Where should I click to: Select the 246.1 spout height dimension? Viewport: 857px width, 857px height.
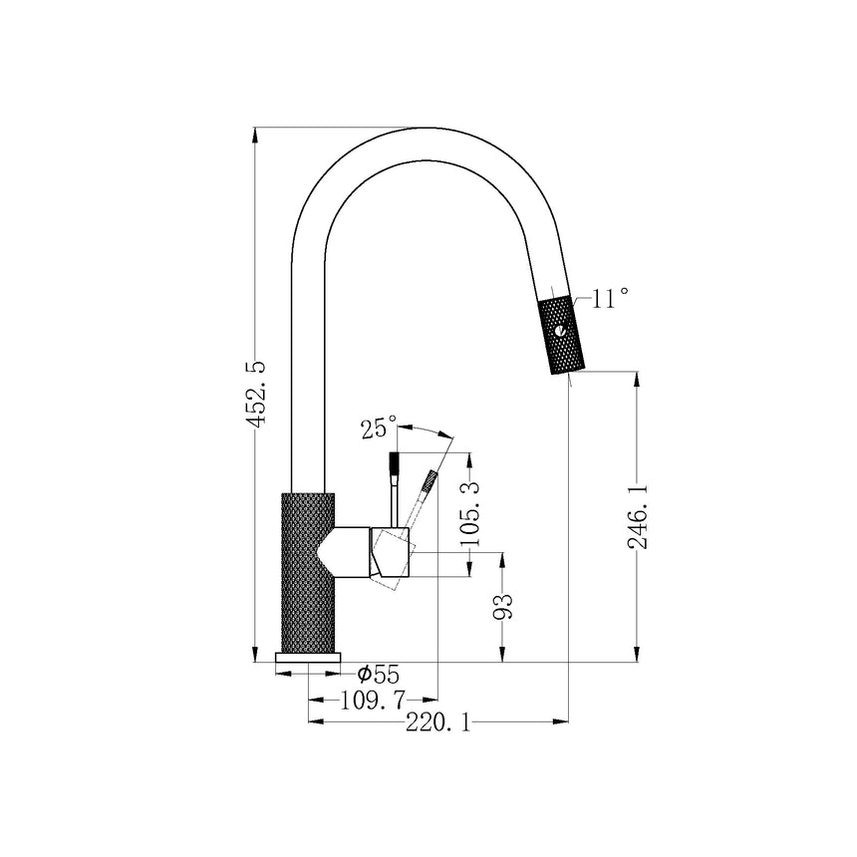click(638, 516)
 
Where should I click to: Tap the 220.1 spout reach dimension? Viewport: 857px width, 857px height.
click(437, 722)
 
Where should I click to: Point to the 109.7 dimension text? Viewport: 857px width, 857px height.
click(374, 700)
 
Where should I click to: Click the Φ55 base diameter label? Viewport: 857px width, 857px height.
click(379, 674)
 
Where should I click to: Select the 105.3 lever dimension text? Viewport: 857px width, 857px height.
click(469, 513)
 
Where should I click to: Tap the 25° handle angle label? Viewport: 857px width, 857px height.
click(379, 428)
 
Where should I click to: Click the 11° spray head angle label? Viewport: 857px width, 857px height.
click(610, 299)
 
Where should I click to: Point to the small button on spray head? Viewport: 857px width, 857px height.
click(559, 331)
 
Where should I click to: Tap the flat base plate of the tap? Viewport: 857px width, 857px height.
click(308, 658)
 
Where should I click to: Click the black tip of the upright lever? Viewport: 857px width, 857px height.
click(394, 462)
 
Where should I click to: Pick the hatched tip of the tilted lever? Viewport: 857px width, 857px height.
click(430, 480)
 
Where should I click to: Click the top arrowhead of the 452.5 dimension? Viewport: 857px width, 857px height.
click(255, 135)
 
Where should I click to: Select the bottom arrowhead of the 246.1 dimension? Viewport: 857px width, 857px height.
click(637, 655)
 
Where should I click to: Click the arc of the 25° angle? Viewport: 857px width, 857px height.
click(426, 429)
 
